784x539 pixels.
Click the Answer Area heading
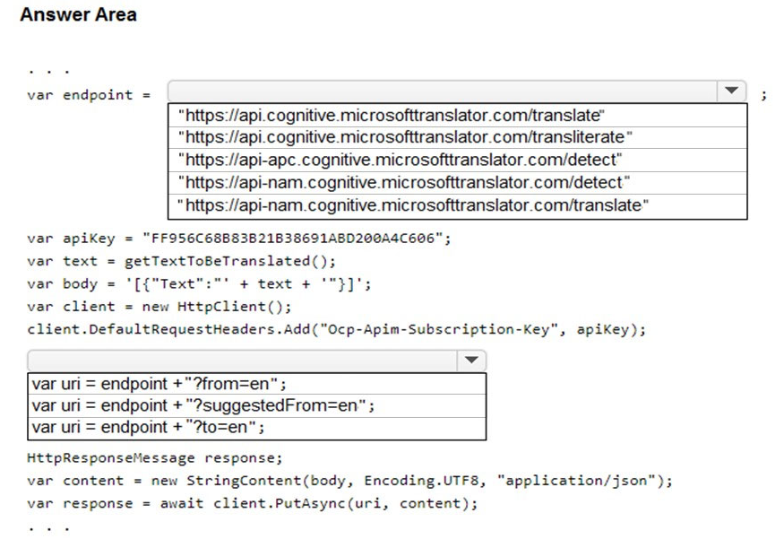(78, 14)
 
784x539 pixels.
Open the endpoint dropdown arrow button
(731, 91)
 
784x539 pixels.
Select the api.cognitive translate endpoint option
(391, 116)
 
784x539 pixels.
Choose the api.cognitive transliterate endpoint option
(405, 137)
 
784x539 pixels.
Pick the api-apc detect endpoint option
(400, 160)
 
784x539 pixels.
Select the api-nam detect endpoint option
(404, 182)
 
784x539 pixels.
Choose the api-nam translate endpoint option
(413, 205)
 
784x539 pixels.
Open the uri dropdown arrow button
(471, 361)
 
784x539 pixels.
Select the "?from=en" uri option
(159, 384)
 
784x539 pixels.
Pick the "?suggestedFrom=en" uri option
(203, 405)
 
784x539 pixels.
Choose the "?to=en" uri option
(148, 427)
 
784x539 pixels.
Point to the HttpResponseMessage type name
(111, 458)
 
